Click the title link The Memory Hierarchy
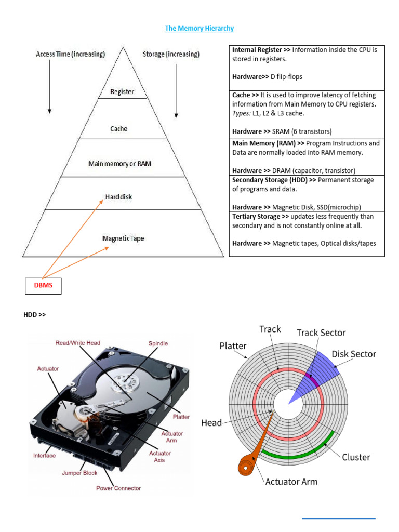point(199,29)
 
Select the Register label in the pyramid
point(122,92)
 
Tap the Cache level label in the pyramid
point(118,129)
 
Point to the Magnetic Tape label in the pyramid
point(123,238)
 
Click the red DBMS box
point(44,285)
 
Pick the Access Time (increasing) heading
point(71,54)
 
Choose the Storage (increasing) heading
point(170,54)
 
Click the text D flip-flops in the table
point(286,77)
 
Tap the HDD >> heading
point(34,314)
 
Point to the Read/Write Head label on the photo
point(78,343)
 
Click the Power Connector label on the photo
point(118,488)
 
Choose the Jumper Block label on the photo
point(79,473)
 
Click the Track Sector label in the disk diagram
point(321,332)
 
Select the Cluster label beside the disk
point(356,457)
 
